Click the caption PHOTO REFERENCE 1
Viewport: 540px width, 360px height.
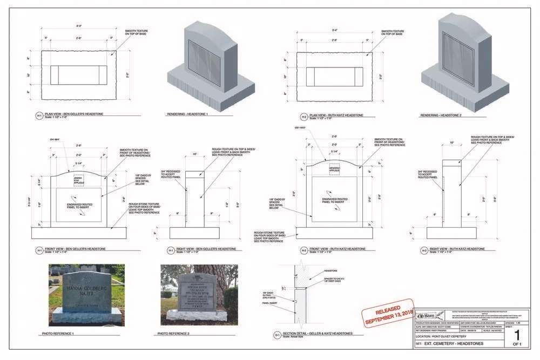[58, 334]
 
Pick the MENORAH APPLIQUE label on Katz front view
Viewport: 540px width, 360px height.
[335, 169]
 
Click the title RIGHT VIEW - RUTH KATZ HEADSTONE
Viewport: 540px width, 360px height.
[460, 249]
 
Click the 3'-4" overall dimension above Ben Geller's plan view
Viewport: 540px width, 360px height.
[79, 25]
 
